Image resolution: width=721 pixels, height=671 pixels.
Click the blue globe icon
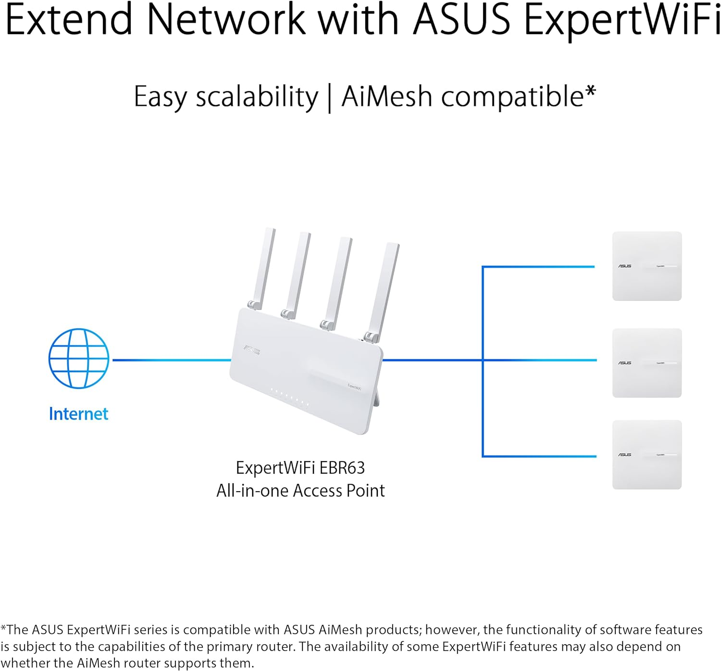(79, 359)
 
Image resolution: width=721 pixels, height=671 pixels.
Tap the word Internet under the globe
(79, 414)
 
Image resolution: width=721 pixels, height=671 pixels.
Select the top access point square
(646, 266)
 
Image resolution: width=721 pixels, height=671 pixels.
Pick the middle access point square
(646, 363)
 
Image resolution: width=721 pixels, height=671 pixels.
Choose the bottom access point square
(646, 455)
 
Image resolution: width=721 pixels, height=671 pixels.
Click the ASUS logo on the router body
(251, 350)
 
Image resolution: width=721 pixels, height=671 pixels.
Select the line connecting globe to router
(171, 360)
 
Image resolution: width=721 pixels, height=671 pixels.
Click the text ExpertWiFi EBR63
(300, 468)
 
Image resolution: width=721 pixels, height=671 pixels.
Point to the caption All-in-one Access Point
(300, 491)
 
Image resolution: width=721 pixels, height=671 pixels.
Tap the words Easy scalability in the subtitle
(226, 97)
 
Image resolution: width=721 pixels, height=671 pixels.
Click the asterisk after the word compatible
(591, 91)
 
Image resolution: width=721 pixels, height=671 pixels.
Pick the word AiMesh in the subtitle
(387, 97)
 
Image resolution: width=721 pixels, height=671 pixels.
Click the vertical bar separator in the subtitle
(330, 98)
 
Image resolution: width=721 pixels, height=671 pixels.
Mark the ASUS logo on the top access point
(625, 266)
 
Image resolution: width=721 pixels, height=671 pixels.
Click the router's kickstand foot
(376, 399)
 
